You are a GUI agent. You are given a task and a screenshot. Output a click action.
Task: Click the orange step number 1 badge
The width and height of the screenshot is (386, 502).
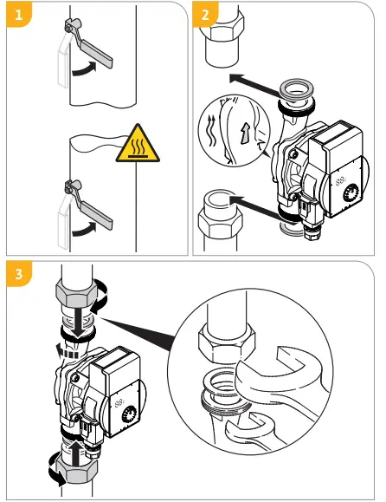click(x=19, y=15)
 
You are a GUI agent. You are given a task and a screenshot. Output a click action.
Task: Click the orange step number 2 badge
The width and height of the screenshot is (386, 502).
click(x=205, y=15)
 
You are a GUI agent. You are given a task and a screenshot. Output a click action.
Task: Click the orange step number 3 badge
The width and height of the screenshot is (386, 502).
click(x=19, y=274)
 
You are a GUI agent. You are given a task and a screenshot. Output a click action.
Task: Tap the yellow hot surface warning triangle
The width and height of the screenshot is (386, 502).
click(x=138, y=143)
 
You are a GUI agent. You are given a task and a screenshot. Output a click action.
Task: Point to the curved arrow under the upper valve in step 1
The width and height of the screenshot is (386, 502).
click(x=84, y=68)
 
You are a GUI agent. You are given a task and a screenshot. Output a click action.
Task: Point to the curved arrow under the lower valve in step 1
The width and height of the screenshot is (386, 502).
click(x=84, y=230)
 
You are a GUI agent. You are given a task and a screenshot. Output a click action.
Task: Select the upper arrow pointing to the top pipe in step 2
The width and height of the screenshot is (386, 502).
click(x=255, y=85)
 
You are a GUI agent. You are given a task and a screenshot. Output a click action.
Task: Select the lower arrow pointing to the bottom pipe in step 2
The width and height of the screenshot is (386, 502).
click(x=255, y=207)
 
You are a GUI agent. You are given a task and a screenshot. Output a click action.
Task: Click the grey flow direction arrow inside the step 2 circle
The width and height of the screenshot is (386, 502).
click(x=246, y=133)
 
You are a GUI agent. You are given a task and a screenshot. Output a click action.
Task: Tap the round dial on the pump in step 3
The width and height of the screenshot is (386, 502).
click(x=129, y=415)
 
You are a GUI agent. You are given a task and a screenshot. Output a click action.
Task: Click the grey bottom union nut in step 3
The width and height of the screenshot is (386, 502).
click(x=77, y=471)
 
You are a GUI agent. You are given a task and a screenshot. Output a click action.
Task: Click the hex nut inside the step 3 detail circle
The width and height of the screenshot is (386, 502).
click(x=227, y=342)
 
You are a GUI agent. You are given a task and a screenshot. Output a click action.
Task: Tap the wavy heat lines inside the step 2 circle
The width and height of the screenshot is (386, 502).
click(x=211, y=132)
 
